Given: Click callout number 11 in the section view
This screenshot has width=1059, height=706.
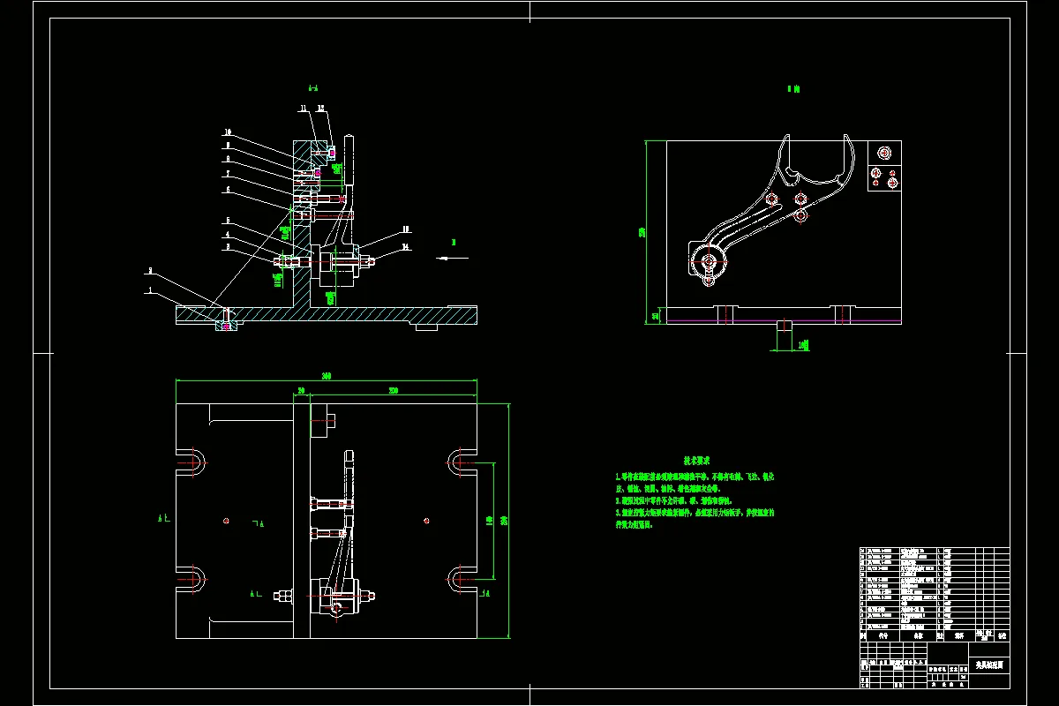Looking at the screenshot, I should pyautogui.click(x=302, y=109).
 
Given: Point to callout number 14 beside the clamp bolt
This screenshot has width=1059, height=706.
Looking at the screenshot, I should pyautogui.click(x=406, y=247).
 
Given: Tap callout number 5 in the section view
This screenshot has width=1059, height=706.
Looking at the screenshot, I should pyautogui.click(x=227, y=221).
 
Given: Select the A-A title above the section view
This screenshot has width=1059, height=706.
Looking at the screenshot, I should pyautogui.click(x=313, y=88).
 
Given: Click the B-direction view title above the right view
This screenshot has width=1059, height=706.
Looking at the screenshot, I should pyautogui.click(x=792, y=88).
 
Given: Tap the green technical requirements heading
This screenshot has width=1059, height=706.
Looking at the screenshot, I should pyautogui.click(x=697, y=461).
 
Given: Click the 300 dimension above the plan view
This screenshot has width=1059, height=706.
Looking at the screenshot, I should pyautogui.click(x=327, y=376).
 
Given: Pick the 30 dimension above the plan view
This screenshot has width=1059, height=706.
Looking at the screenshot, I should pyautogui.click(x=301, y=389).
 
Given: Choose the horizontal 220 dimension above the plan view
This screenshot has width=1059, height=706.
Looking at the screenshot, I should pyautogui.click(x=393, y=389).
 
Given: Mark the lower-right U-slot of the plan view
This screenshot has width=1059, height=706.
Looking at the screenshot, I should pyautogui.click(x=460, y=577).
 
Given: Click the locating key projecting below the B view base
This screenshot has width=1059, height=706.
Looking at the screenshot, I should pyautogui.click(x=783, y=336).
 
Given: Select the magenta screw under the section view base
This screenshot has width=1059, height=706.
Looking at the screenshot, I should pyautogui.click(x=227, y=326).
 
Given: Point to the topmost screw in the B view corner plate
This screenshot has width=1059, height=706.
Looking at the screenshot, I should pyautogui.click(x=877, y=152).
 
